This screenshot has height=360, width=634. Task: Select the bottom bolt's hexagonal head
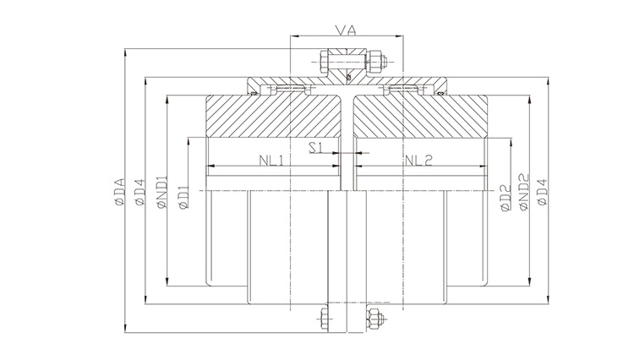(x=325, y=319)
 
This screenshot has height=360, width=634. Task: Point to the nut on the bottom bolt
(x=373, y=319)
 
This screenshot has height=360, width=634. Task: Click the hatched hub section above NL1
(x=271, y=118)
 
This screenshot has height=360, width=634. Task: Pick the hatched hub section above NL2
(x=423, y=118)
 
